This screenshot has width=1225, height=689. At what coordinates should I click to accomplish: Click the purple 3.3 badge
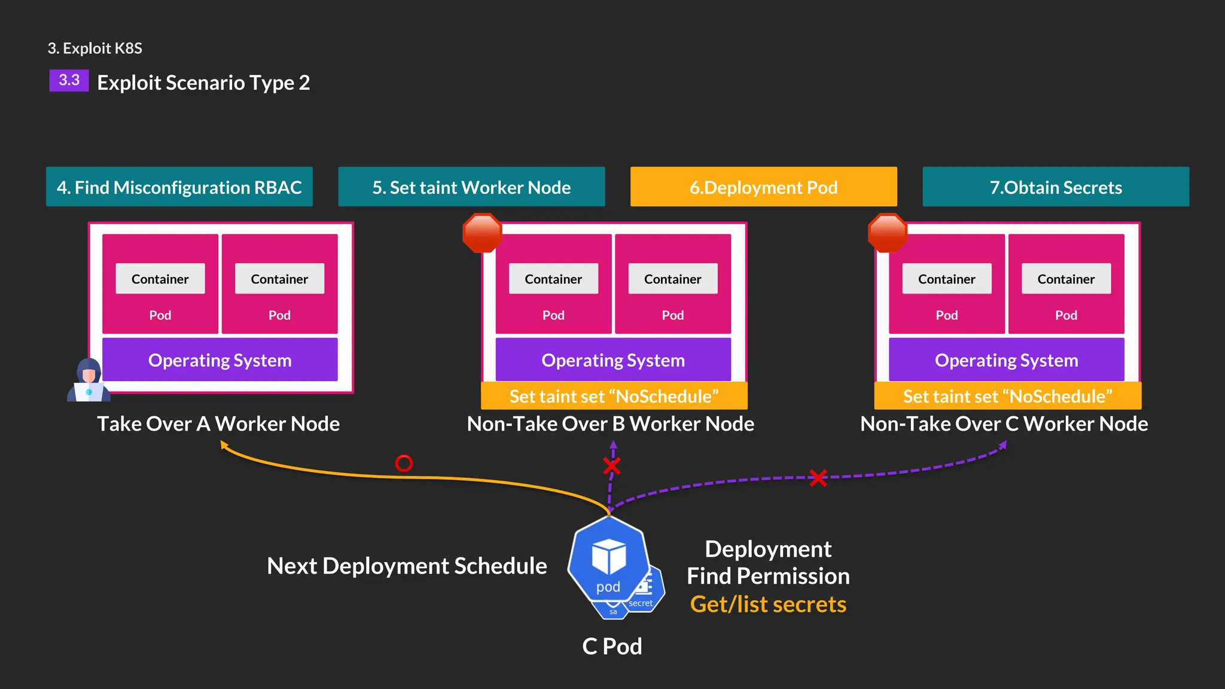pyautogui.click(x=69, y=80)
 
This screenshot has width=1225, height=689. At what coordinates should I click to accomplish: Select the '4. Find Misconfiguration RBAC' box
pyautogui.click(x=179, y=187)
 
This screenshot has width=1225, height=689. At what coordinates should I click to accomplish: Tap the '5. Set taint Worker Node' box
pyautogui.click(x=471, y=187)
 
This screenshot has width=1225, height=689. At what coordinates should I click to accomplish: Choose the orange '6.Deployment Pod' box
pyautogui.click(x=763, y=187)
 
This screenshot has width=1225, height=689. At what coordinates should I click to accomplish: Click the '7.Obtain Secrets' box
pyautogui.click(x=1056, y=187)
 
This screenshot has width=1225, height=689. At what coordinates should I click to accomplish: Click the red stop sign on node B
pyautogui.click(x=482, y=233)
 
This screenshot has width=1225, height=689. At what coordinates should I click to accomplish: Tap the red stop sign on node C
pyautogui.click(x=888, y=233)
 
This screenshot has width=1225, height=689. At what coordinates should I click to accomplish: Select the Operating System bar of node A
pyautogui.click(x=220, y=359)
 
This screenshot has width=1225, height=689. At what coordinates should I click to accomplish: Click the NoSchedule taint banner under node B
pyautogui.click(x=614, y=396)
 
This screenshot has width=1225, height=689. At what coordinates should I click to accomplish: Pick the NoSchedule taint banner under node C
pyautogui.click(x=1007, y=396)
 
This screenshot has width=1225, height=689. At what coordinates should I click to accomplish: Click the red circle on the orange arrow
pyautogui.click(x=404, y=463)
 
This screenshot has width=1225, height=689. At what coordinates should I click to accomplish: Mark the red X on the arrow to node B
pyautogui.click(x=611, y=465)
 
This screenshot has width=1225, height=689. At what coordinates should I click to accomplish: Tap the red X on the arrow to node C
pyautogui.click(x=818, y=477)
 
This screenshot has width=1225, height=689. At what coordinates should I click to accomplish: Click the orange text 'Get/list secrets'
pyautogui.click(x=768, y=604)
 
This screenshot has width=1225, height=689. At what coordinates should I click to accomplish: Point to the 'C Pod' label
pyautogui.click(x=612, y=646)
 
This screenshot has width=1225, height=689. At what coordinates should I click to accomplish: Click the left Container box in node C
pyautogui.click(x=946, y=279)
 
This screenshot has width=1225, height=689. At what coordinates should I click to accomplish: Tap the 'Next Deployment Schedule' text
pyautogui.click(x=407, y=565)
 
